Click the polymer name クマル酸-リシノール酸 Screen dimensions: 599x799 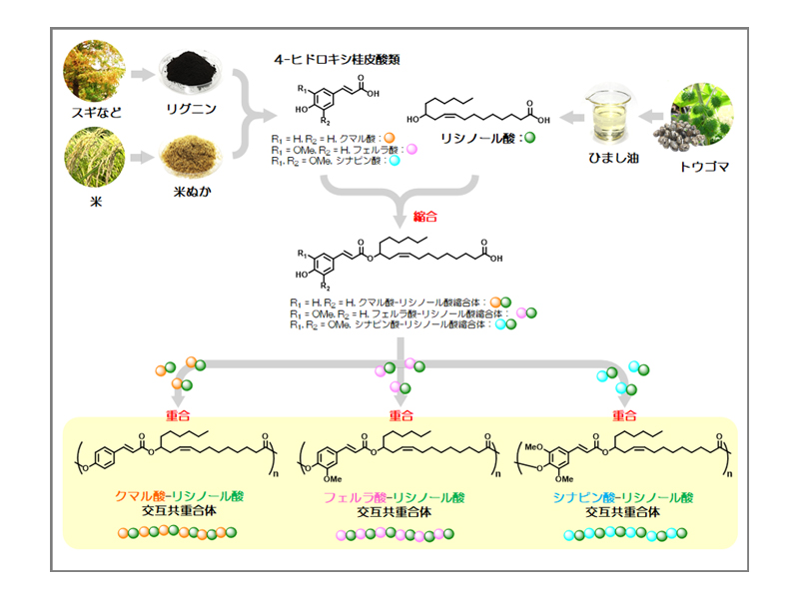pos(180,496)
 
